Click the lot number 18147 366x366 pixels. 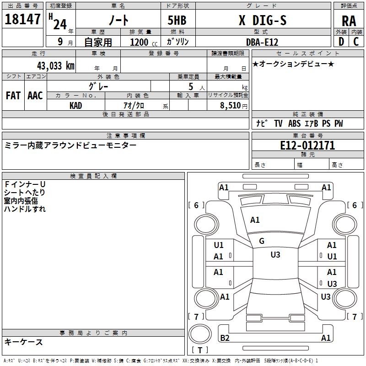click(x=23, y=20)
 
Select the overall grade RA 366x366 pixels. click(x=349, y=21)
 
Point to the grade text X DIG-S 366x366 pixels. click(x=263, y=20)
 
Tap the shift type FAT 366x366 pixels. click(x=13, y=96)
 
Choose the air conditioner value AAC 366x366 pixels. click(x=35, y=96)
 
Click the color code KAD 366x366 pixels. click(x=75, y=105)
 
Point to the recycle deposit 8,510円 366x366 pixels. click(x=233, y=106)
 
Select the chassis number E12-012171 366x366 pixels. click(x=307, y=145)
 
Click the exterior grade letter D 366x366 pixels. click(x=341, y=42)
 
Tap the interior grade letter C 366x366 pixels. click(x=356, y=42)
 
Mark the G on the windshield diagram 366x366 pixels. click(x=262, y=241)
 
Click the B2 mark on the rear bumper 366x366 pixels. click(x=225, y=338)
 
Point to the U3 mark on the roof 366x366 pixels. click(x=275, y=255)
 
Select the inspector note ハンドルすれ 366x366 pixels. click(x=25, y=209)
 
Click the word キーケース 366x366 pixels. click(x=23, y=342)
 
